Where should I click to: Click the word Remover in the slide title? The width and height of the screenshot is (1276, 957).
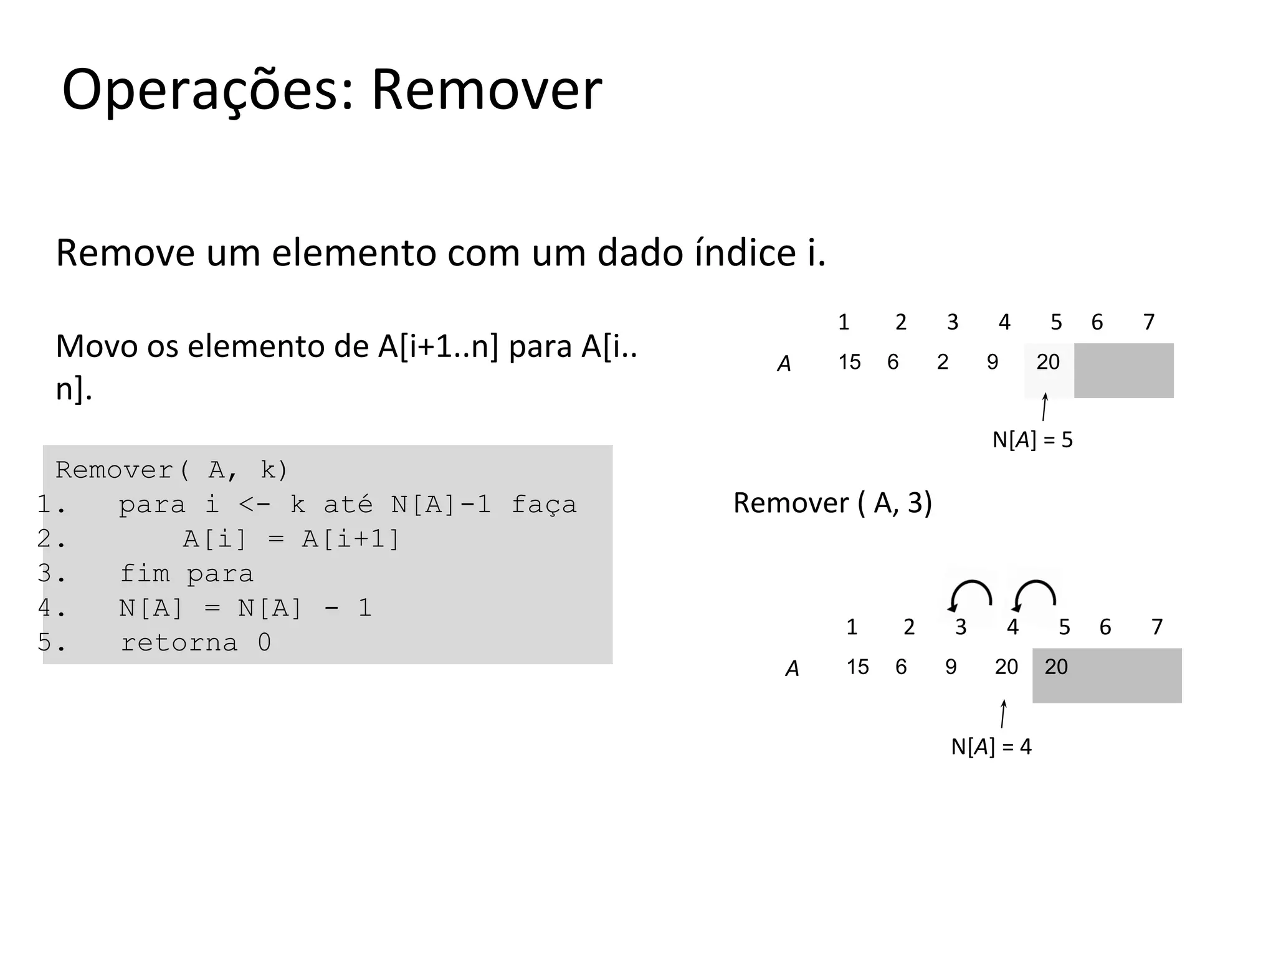pyautogui.click(x=487, y=90)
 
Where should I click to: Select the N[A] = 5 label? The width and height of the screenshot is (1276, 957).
pyautogui.click(x=1032, y=440)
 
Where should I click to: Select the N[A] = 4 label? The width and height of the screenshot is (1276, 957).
pyautogui.click(x=991, y=746)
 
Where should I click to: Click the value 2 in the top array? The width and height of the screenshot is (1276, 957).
pyautogui.click(x=943, y=362)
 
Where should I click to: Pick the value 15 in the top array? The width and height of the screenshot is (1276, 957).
pyautogui.click(x=849, y=362)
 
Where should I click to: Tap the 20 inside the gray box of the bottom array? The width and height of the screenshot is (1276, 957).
pyautogui.click(x=1056, y=667)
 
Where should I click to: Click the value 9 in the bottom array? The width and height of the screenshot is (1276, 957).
pyautogui.click(x=951, y=667)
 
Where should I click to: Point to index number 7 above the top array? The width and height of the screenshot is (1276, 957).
pyautogui.click(x=1149, y=322)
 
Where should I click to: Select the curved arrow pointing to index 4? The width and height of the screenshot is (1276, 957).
pyautogui.click(x=1034, y=595)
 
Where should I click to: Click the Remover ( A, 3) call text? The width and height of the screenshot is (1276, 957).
pyautogui.click(x=832, y=503)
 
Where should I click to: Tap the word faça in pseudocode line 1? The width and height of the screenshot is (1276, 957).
pyautogui.click(x=544, y=505)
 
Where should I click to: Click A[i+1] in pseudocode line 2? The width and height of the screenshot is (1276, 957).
pyautogui.click(x=350, y=539)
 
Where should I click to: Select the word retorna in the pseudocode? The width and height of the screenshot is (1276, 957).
pyautogui.click(x=179, y=642)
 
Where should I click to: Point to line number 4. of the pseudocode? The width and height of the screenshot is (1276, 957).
pyautogui.click(x=51, y=607)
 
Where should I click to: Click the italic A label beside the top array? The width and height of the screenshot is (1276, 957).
pyautogui.click(x=784, y=364)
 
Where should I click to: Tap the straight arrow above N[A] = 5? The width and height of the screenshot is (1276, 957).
pyautogui.click(x=1044, y=407)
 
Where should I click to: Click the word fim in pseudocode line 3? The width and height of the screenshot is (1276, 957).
pyautogui.click(x=145, y=573)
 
